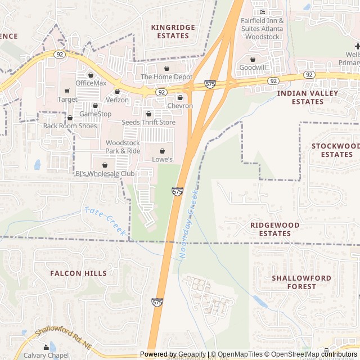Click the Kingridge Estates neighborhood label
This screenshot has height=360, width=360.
click(x=173, y=31)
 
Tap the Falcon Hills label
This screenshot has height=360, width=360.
click(x=78, y=273)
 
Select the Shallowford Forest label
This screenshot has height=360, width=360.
click(x=294, y=282)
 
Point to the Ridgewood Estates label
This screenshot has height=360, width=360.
click(x=274, y=229)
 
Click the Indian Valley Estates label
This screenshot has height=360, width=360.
click(x=308, y=97)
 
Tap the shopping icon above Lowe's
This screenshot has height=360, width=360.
click(x=163, y=151)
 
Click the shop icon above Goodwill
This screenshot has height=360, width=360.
click(x=253, y=58)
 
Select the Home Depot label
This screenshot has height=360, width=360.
click(x=166, y=77)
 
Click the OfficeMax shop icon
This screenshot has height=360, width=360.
click(x=91, y=75)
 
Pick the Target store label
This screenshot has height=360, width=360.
click(x=67, y=100)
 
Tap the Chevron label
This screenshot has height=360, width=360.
click(x=180, y=106)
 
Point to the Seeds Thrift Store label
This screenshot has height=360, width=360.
click(x=148, y=122)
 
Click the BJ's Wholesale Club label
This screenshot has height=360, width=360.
click(x=105, y=174)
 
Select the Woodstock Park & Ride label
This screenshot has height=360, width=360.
click(x=123, y=147)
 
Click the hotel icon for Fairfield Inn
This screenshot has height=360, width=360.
click(x=262, y=12)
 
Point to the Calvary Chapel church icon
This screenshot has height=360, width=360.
click(x=46, y=348)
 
